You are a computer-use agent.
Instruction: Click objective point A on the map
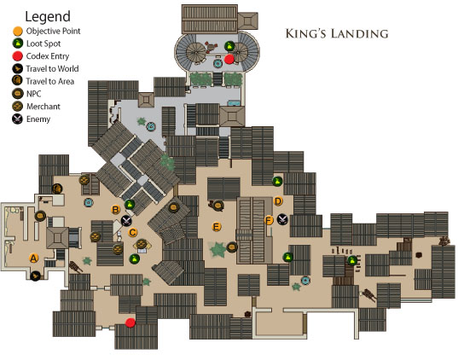click(34, 258)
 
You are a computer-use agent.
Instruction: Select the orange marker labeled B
click(116, 210)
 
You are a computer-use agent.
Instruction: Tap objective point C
click(132, 233)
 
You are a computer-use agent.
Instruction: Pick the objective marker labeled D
click(278, 201)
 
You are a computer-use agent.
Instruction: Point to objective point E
click(217, 227)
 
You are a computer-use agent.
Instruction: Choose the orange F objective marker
click(269, 220)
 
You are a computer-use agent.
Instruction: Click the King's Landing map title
click(337, 33)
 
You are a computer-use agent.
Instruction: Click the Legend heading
click(48, 17)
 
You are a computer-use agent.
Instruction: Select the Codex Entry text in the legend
click(48, 56)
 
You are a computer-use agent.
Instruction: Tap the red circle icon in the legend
click(18, 56)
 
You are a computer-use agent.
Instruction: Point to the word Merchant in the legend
click(43, 107)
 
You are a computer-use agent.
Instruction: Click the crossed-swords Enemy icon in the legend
click(18, 119)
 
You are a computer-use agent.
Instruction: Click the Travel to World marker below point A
click(35, 276)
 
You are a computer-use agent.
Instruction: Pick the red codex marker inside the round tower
click(229, 59)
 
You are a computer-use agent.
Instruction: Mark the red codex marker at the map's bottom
click(130, 322)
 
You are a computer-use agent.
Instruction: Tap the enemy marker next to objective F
click(282, 219)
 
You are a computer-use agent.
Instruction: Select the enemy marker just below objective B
click(126, 221)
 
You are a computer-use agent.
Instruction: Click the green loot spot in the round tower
click(229, 46)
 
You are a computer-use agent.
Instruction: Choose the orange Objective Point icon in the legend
click(18, 31)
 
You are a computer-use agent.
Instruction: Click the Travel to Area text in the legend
click(50, 81)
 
